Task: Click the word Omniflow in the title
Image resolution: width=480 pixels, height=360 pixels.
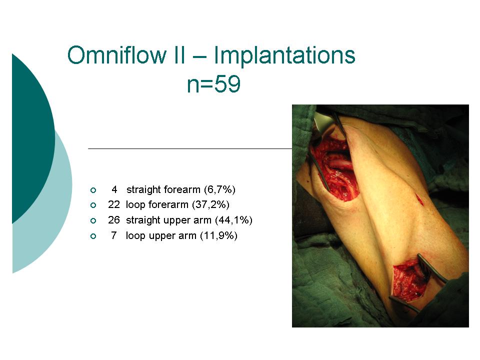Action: (x=117, y=55)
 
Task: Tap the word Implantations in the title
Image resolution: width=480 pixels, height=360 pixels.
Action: (x=284, y=55)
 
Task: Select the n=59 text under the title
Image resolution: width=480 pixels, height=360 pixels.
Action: (x=213, y=84)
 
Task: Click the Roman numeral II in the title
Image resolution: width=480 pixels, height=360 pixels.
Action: (x=179, y=55)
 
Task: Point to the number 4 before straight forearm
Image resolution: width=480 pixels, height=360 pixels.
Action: (x=114, y=189)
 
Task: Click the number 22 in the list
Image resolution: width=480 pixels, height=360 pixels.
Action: (x=114, y=204)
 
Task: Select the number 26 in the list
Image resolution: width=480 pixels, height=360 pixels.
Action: (x=114, y=220)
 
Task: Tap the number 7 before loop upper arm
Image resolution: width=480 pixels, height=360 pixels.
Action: (x=114, y=235)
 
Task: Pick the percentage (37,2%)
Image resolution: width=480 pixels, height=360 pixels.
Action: (x=210, y=205)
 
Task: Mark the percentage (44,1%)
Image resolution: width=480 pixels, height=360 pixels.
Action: (x=233, y=220)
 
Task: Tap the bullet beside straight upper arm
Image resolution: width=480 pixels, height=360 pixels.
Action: (x=93, y=220)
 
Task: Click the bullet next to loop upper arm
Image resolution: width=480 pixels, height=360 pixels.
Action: (x=93, y=236)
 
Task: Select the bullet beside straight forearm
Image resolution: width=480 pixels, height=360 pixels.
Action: (x=93, y=190)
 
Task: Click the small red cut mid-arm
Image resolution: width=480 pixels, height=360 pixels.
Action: (x=419, y=199)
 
